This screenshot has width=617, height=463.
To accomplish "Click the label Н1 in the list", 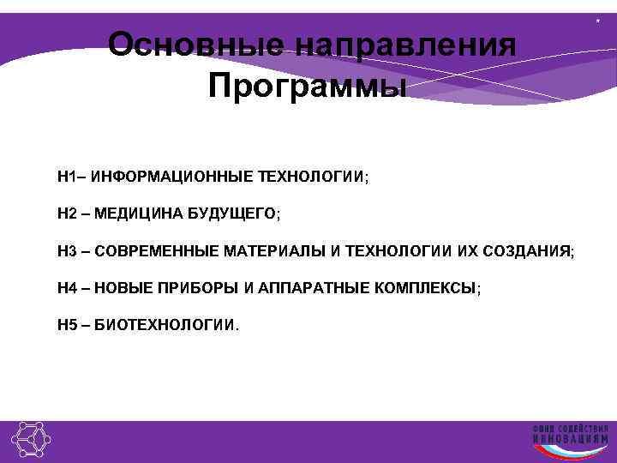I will coord(67,177).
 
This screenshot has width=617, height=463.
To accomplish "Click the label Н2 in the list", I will coord(68,213).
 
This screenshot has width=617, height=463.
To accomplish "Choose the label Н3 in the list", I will coord(68,251).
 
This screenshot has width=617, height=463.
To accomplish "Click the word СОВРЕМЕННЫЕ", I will coord(156,251).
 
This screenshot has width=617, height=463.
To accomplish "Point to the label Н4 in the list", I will coord(68,288).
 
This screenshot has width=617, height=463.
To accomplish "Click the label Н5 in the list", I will coord(68,326).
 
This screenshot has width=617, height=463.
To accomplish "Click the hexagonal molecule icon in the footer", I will coord(32,441).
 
